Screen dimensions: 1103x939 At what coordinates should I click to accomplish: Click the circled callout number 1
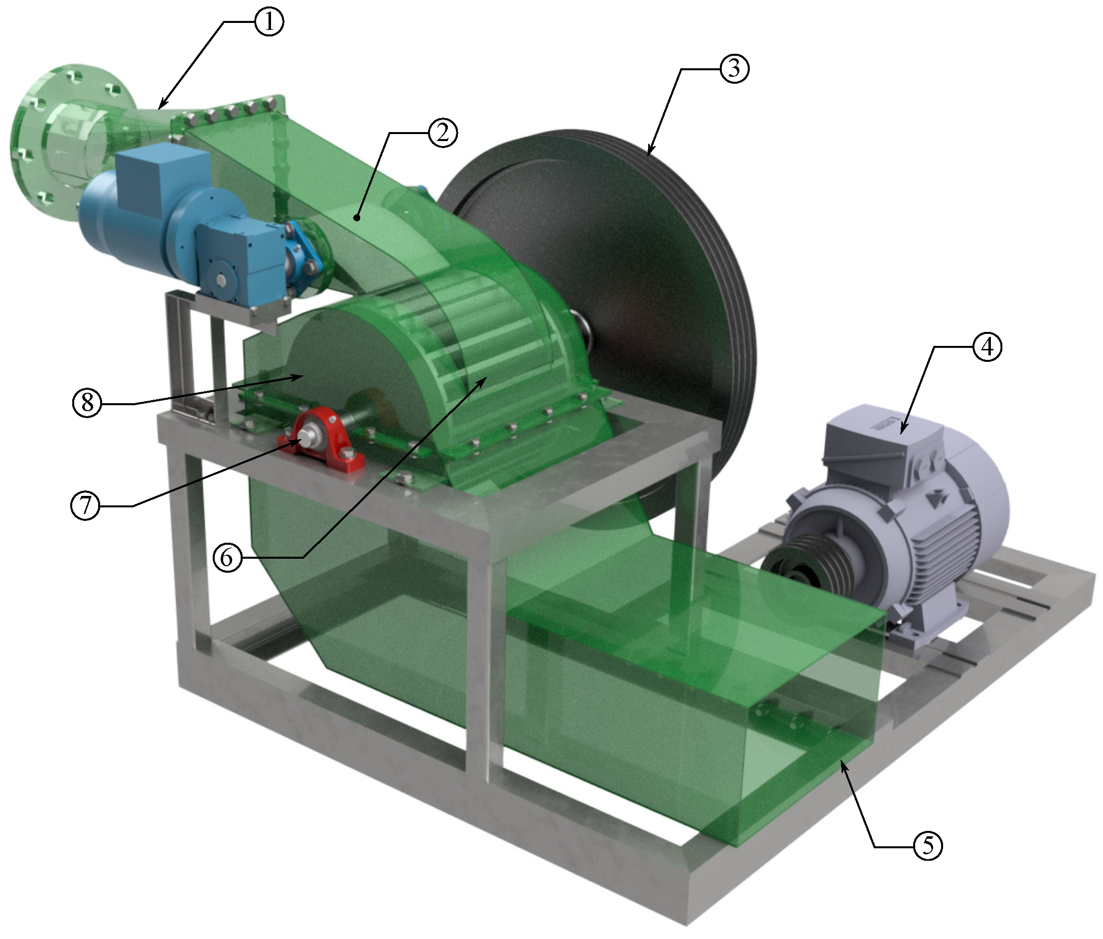(x=269, y=22)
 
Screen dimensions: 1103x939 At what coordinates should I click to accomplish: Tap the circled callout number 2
(x=443, y=133)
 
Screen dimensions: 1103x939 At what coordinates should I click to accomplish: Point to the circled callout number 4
(x=987, y=347)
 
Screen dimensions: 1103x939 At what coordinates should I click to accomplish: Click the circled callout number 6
(x=227, y=558)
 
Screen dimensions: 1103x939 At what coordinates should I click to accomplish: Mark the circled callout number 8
(x=87, y=404)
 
